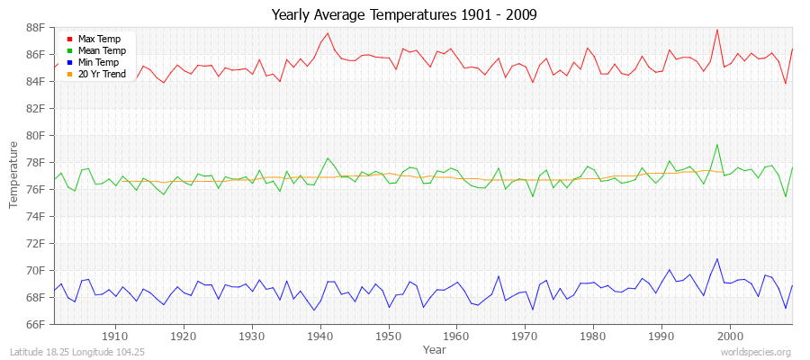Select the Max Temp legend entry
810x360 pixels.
(x=98, y=39)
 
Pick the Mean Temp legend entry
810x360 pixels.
(x=100, y=50)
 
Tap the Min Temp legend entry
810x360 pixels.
(x=98, y=62)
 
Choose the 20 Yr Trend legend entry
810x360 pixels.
(x=102, y=74)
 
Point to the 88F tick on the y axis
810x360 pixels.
(x=34, y=27)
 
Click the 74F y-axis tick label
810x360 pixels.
(x=34, y=216)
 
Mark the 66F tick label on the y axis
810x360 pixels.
(x=34, y=324)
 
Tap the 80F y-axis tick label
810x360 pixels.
(x=34, y=135)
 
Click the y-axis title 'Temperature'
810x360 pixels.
(x=13, y=175)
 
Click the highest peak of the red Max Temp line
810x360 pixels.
(x=717, y=30)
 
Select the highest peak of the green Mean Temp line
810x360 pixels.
(x=717, y=144)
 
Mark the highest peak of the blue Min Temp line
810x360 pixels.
(x=717, y=259)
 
